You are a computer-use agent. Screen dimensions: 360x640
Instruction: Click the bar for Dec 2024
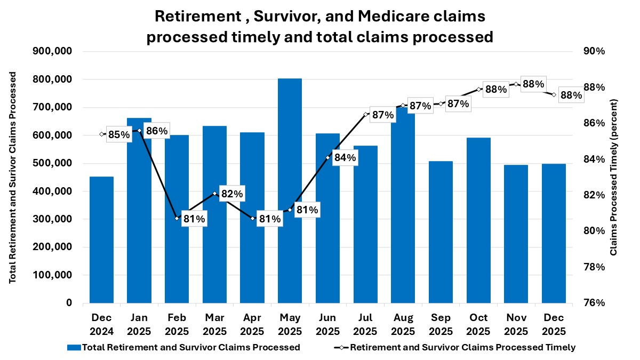[x=101, y=239]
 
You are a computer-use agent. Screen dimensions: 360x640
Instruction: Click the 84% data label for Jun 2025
[x=345, y=158]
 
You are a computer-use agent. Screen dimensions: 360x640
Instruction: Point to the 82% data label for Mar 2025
[x=231, y=194]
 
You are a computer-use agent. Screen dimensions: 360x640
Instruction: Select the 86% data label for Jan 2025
[x=156, y=131]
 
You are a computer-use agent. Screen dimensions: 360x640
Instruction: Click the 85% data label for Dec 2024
[x=118, y=134]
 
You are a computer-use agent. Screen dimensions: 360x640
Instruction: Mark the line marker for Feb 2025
[x=177, y=218]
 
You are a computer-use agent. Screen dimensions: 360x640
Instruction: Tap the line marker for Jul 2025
[x=365, y=114]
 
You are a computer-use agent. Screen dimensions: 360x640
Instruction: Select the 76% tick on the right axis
[x=595, y=303]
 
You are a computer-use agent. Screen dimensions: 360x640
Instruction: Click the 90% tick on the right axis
[x=595, y=52]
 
